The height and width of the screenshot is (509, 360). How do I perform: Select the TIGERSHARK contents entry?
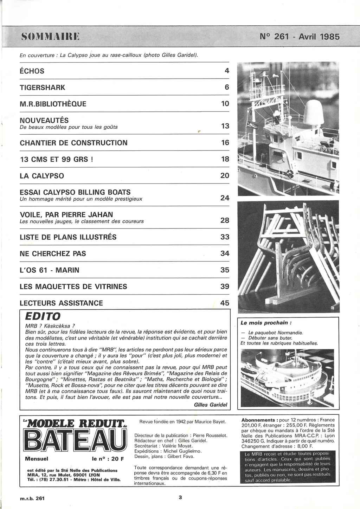[43, 88]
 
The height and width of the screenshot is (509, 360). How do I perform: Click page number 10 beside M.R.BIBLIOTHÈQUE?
[225, 104]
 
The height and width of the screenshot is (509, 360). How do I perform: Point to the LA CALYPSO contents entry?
[42, 176]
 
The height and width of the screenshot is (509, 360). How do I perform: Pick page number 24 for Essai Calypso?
[225, 198]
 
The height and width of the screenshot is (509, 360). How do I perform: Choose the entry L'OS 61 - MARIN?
[50, 270]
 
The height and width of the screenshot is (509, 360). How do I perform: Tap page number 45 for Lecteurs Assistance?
[225, 303]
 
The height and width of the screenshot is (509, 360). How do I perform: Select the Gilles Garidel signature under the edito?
[210, 405]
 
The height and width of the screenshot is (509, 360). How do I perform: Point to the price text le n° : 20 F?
[108, 458]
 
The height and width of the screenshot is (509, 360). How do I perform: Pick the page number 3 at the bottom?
[180, 497]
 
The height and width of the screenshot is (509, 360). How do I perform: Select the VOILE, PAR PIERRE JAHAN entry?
[66, 214]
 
